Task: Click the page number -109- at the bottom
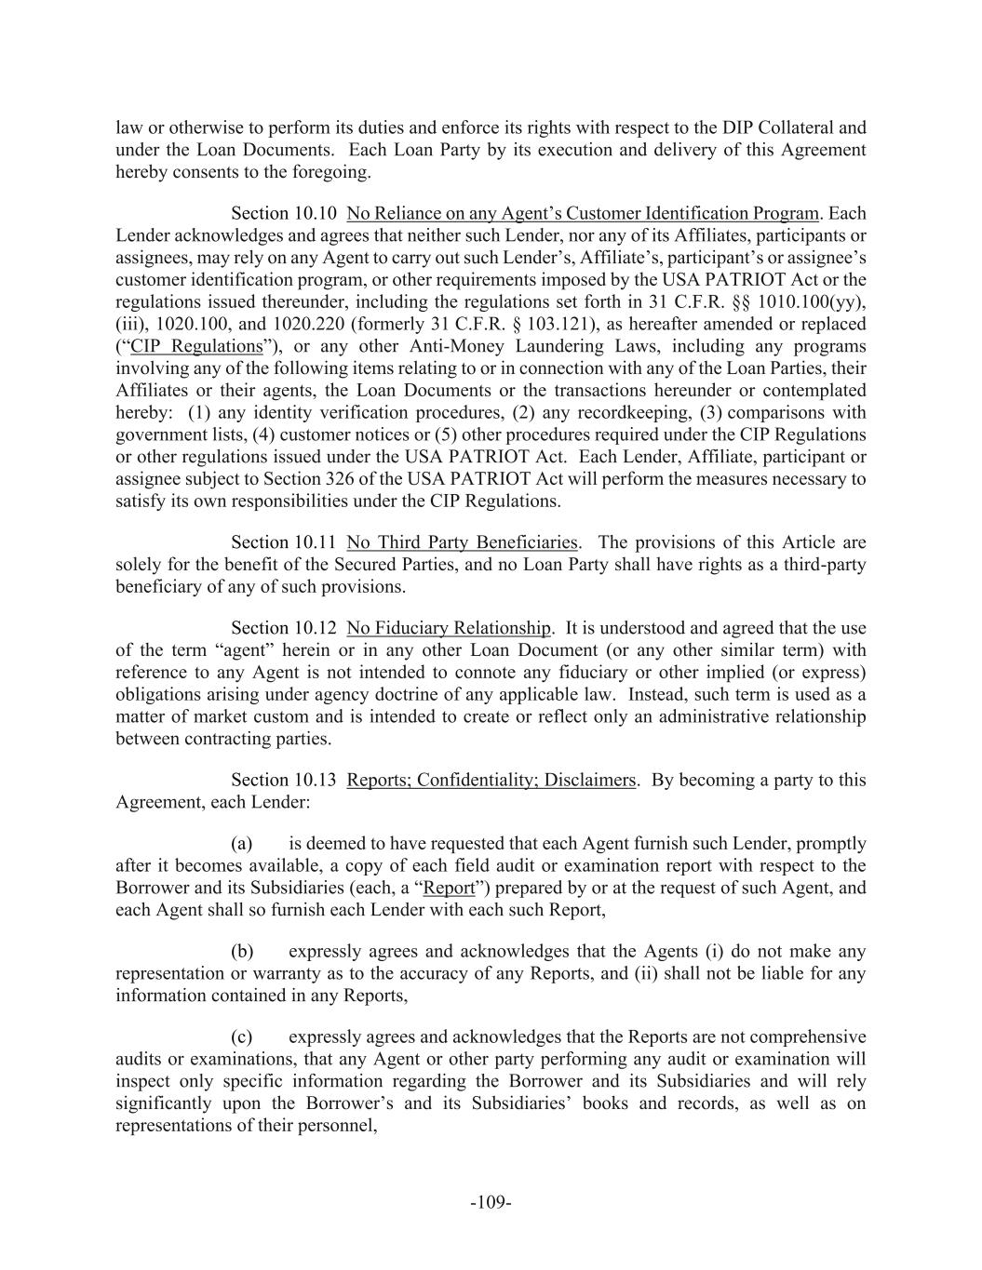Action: coord(491,1203)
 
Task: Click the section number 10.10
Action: coord(317,213)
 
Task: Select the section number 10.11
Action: coord(317,542)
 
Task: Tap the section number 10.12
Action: coord(317,628)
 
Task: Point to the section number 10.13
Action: coord(317,780)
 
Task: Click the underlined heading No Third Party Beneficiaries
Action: coord(462,542)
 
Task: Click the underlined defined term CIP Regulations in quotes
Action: coord(196,347)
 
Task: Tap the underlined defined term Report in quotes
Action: coord(449,888)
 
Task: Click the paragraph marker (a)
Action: coord(242,844)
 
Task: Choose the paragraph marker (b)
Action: coord(242,952)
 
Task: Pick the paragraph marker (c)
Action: coord(242,1037)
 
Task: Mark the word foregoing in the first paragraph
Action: coord(333,172)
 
